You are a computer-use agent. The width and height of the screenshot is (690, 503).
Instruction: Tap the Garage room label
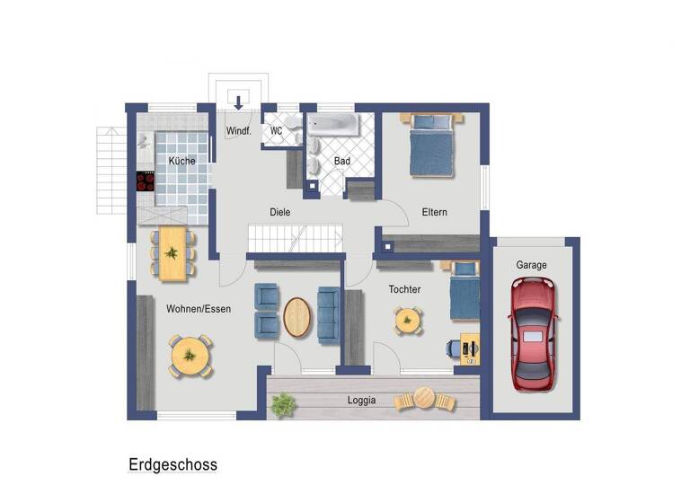[531, 266]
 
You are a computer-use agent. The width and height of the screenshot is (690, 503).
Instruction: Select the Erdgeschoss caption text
[172, 465]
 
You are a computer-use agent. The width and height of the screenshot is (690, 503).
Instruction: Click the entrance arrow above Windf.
[239, 101]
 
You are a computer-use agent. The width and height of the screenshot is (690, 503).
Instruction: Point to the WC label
[277, 131]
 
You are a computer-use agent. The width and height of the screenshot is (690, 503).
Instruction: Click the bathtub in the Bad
[332, 124]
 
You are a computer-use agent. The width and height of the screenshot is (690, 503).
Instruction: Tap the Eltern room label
[435, 213]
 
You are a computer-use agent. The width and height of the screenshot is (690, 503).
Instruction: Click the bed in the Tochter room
[464, 291]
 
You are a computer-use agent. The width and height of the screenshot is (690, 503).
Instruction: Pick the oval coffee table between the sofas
[298, 317]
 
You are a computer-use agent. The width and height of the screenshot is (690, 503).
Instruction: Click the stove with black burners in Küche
[146, 181]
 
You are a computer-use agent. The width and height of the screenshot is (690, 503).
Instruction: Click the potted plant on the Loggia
[283, 406]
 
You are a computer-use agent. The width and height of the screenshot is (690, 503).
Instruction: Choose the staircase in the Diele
[296, 238]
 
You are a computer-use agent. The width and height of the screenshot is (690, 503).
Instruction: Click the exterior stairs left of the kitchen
[111, 169]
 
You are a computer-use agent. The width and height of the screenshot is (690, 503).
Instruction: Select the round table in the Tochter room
[408, 320]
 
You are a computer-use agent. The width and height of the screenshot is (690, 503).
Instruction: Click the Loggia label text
[361, 401]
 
